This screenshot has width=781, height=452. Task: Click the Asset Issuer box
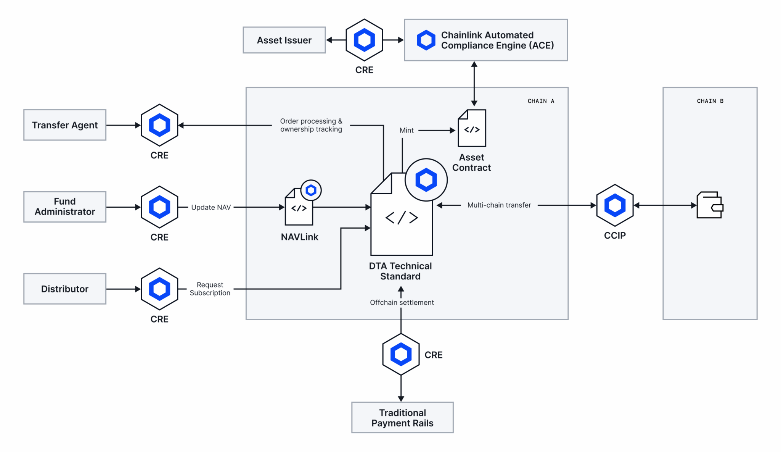[x=284, y=40]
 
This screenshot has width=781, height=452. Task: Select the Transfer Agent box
[x=65, y=125]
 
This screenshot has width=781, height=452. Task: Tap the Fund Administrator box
[x=65, y=207]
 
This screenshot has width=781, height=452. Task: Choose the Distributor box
[x=65, y=289]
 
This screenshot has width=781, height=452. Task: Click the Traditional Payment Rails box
[x=402, y=418]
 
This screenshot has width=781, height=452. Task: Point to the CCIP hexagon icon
[x=615, y=205]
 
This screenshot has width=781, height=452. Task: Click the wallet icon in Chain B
[x=710, y=205]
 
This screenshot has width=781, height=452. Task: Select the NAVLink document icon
[x=299, y=207]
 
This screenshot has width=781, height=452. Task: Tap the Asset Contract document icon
[x=472, y=129]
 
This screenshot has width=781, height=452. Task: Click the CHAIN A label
[x=541, y=101]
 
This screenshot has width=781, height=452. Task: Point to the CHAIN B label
[x=710, y=101]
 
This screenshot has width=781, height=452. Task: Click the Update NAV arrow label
[x=211, y=207]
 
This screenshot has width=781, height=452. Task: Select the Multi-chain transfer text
[x=499, y=205]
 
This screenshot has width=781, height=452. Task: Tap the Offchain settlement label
[x=402, y=302]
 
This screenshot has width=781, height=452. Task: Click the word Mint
[x=407, y=131]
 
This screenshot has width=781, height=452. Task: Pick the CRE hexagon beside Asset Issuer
[x=364, y=40]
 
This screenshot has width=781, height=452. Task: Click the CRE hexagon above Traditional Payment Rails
[x=401, y=354]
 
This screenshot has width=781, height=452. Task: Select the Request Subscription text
[x=210, y=289]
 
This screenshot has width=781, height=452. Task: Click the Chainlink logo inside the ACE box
[x=426, y=40]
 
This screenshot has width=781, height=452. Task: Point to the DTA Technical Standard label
[x=400, y=271]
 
